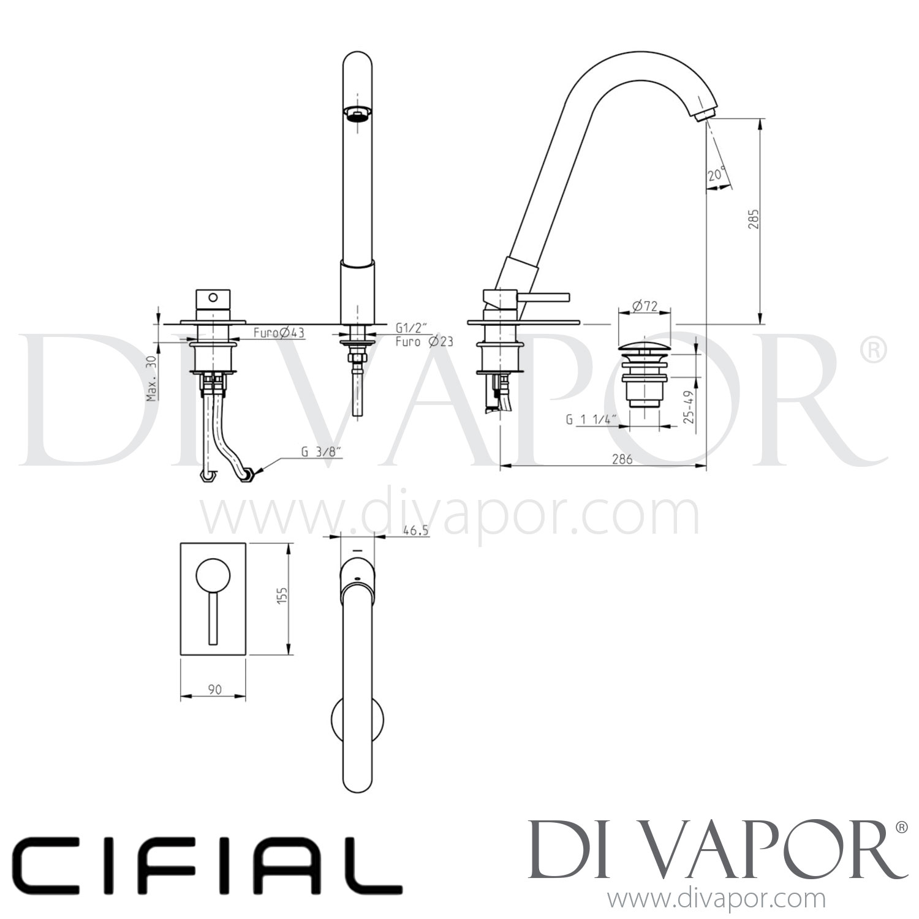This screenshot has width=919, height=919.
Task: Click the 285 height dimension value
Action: (753, 219)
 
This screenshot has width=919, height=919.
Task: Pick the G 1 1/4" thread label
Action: (591, 420)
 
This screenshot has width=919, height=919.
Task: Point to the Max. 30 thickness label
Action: (151, 379)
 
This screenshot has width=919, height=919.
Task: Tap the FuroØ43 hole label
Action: (279, 333)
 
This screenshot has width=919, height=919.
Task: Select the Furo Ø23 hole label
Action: (424, 342)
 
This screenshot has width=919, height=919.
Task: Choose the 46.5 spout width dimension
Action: (415, 532)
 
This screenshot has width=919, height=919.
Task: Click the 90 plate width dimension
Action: (214, 689)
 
